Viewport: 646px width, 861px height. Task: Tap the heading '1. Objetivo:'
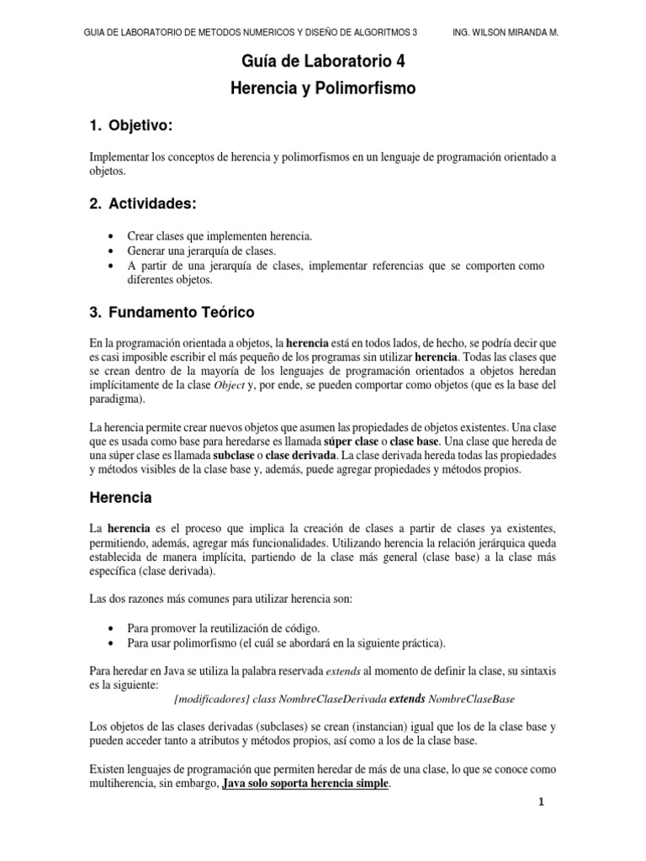tap(130, 126)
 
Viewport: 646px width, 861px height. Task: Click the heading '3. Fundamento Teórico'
tap(172, 312)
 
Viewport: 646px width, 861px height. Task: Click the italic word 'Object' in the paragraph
tap(229, 386)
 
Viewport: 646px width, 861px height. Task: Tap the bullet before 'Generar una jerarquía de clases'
tap(114, 251)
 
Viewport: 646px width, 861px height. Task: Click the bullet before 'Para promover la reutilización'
tap(114, 628)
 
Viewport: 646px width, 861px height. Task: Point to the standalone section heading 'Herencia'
tap(120, 498)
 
